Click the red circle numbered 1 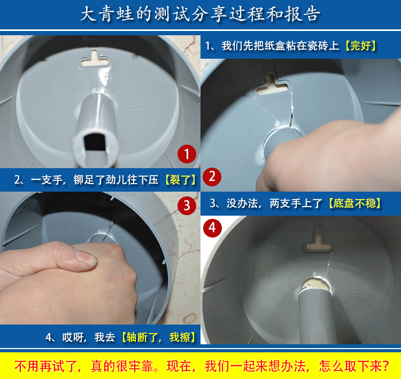click(x=187, y=154)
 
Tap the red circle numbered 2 click(x=212, y=177)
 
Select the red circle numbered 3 click(x=187, y=206)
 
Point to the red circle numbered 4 click(x=212, y=228)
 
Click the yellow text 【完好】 click(x=360, y=46)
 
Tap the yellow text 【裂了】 click(x=180, y=180)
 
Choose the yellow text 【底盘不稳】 click(x=354, y=203)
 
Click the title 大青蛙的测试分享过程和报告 click(x=200, y=14)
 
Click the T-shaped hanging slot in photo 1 click(x=95, y=59)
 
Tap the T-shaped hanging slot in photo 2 click(x=272, y=84)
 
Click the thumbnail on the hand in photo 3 click(x=86, y=257)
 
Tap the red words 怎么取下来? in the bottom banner click(x=354, y=366)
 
